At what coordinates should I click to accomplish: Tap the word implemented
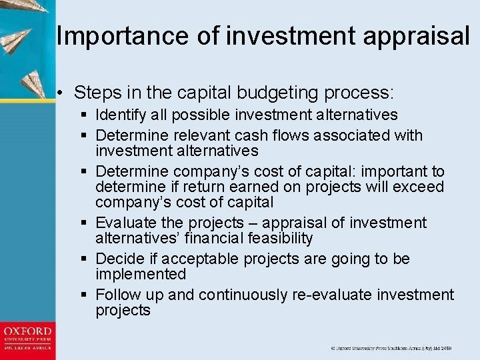click(141, 274)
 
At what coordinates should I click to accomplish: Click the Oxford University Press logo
click(27, 339)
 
